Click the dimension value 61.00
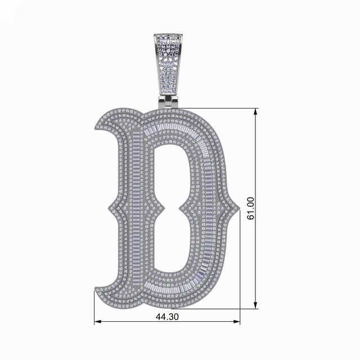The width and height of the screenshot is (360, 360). tap(250, 208)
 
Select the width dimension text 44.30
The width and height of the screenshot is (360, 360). tap(166, 317)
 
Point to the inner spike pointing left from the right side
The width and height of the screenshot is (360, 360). tap(181, 208)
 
